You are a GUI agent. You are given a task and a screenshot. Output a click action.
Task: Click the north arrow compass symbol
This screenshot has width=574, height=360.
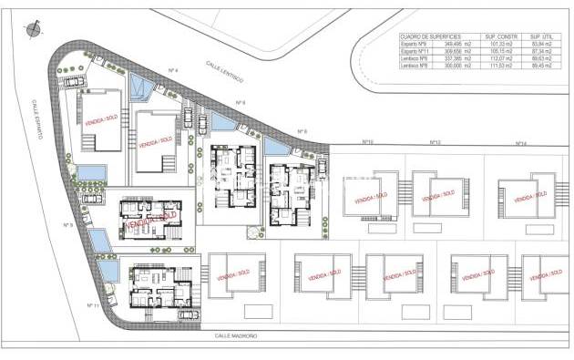[34, 30]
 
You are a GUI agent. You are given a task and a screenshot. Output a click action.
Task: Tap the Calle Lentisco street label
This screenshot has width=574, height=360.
[223, 67]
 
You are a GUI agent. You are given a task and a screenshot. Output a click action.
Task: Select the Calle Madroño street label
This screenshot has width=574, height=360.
[236, 335]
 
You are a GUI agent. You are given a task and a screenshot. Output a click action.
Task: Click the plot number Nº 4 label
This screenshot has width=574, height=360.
[173, 70]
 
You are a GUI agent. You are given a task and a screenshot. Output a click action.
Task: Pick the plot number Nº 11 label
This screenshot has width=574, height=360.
[92, 305]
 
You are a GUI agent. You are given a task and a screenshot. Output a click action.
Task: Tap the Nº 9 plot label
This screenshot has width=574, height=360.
[67, 225]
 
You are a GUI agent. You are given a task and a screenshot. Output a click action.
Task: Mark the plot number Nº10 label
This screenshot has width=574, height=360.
[368, 142]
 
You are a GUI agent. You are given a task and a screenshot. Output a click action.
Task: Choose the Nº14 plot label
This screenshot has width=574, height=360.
[520, 143]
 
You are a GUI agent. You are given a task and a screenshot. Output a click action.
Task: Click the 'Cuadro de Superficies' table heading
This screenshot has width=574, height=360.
[430, 36]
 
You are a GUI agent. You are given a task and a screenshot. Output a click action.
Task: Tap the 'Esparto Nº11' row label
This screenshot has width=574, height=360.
[417, 51]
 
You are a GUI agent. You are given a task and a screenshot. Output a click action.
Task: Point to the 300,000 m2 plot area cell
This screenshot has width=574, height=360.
[456, 66]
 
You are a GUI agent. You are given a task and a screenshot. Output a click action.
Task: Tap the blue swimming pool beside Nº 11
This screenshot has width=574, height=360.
[107, 270]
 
